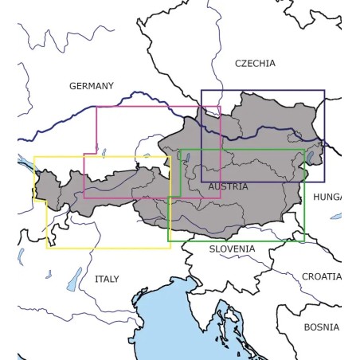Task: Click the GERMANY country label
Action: pyautogui.click(x=92, y=86)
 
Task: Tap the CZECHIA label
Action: pyautogui.click(x=255, y=63)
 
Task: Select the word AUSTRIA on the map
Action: pyautogui.click(x=228, y=186)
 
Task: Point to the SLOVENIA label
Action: pyautogui.click(x=233, y=249)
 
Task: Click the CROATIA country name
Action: pyautogui.click(x=321, y=276)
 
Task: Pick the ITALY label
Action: pyautogui.click(x=106, y=280)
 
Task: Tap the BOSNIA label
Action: pyautogui.click(x=321, y=327)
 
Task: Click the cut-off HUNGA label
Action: pyautogui.click(x=327, y=197)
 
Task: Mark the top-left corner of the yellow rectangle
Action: pyautogui.click(x=34, y=157)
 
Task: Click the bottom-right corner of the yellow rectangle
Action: pyautogui.click(x=170, y=248)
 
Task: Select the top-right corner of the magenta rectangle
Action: pyautogui.click(x=221, y=106)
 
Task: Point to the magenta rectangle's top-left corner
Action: pyautogui.click(x=96, y=106)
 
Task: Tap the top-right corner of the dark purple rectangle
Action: pyautogui.click(x=324, y=90)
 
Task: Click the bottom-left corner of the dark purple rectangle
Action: pyautogui.click(x=202, y=182)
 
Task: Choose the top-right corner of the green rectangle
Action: pyautogui.click(x=304, y=150)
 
